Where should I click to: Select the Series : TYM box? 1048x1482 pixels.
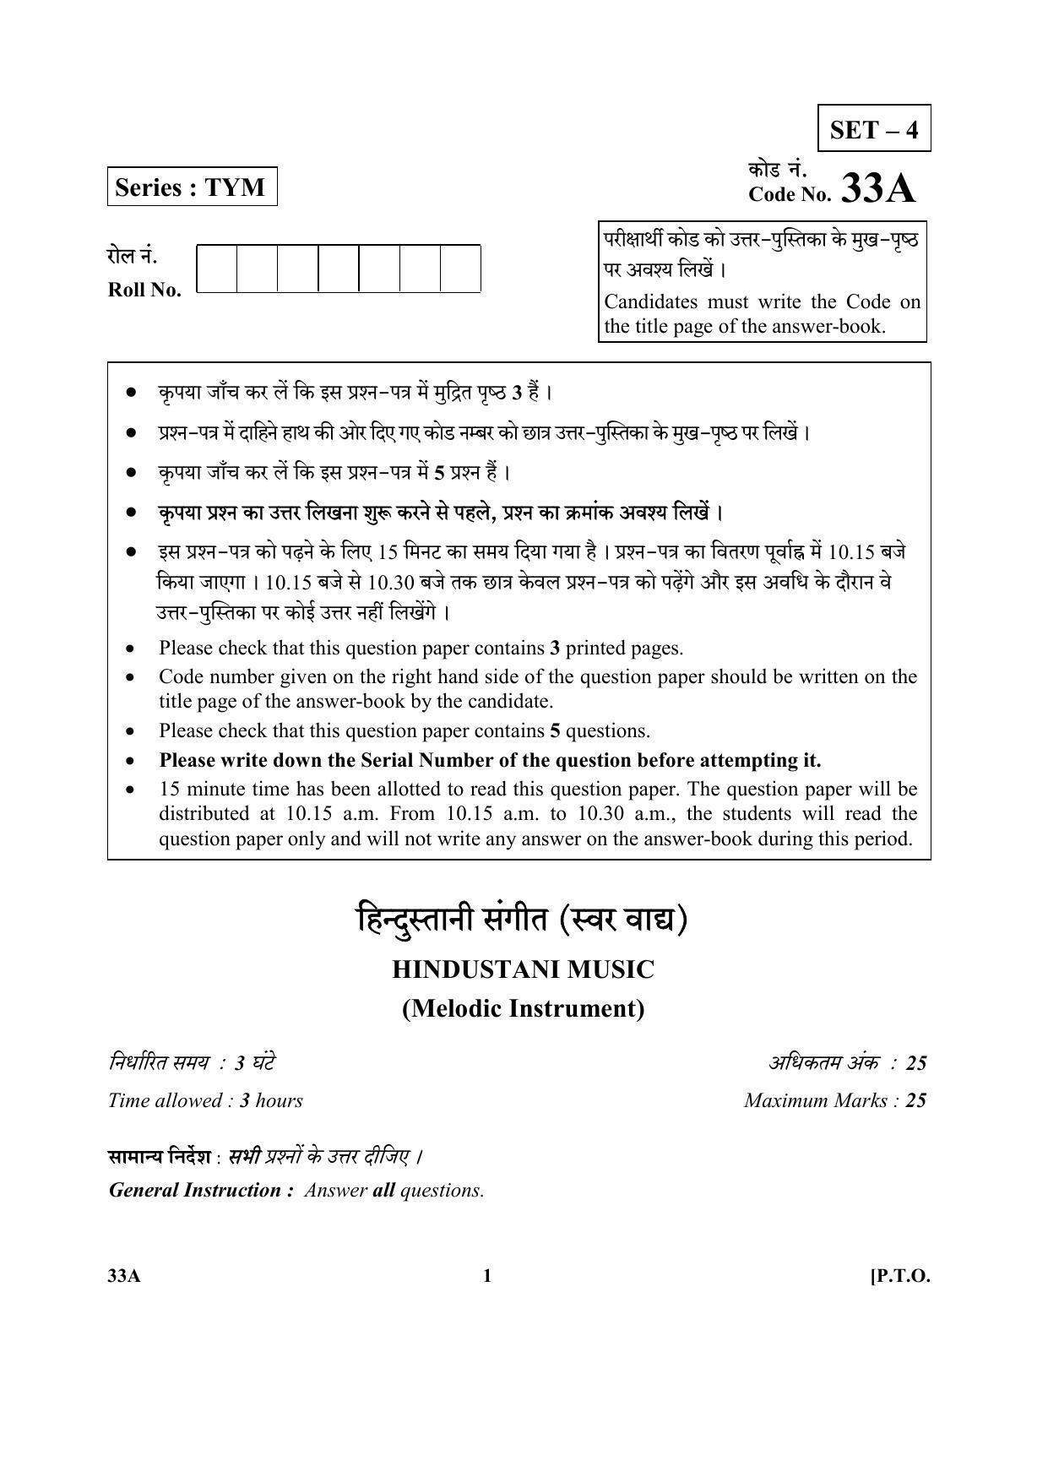pyautogui.click(x=192, y=187)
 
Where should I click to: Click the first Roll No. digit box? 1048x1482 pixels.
pyautogui.click(x=217, y=269)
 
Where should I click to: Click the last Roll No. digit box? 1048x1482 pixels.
pyautogui.click(x=460, y=269)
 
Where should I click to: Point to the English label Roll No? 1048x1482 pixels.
pyautogui.click(x=144, y=290)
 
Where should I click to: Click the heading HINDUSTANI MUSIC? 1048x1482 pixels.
pyautogui.click(x=523, y=969)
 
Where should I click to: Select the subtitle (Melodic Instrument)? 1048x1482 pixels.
pyautogui.click(x=523, y=1008)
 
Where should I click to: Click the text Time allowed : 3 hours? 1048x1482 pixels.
pyautogui.click(x=205, y=1100)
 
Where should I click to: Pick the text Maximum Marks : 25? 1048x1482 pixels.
pyautogui.click(x=834, y=1100)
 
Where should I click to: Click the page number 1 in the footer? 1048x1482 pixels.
pyautogui.click(x=486, y=1276)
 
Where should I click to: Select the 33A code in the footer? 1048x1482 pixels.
pyautogui.click(x=124, y=1276)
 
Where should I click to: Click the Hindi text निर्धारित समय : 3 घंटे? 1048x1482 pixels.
pyautogui.click(x=192, y=1062)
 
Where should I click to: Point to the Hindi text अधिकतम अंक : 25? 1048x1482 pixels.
pyautogui.click(x=847, y=1062)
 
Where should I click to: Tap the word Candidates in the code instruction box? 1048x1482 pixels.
pyautogui.click(x=650, y=302)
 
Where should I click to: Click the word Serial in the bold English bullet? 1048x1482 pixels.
pyautogui.click(x=391, y=760)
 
